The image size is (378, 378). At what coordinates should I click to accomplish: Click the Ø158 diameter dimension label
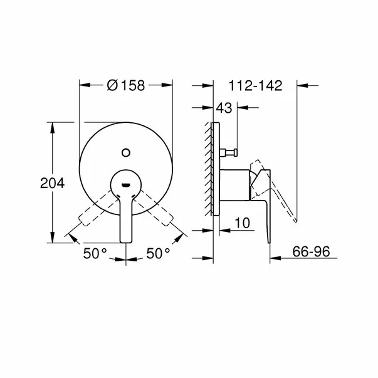pyautogui.click(x=125, y=86)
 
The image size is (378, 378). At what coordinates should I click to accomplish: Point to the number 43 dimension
pyautogui.click(x=224, y=108)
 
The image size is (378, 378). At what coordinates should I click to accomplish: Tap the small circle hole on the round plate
pyautogui.click(x=126, y=151)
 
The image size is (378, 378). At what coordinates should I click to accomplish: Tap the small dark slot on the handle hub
pyautogui.click(x=126, y=184)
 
